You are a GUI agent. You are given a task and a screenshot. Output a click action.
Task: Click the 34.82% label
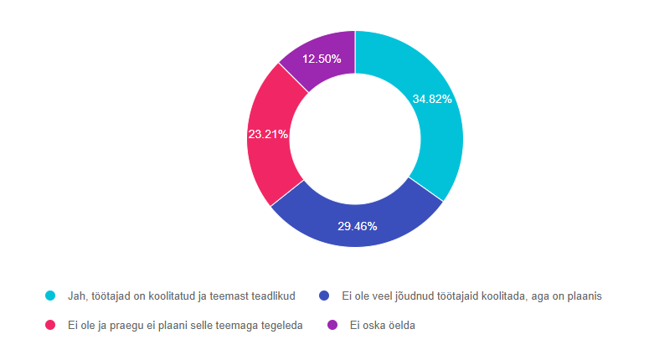[x=432, y=99]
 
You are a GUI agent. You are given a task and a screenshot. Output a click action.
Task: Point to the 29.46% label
[x=357, y=226]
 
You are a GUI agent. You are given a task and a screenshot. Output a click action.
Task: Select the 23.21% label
[x=268, y=134]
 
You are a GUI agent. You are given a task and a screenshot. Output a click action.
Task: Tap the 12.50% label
[x=322, y=59]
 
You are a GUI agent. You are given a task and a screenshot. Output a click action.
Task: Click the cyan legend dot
[x=50, y=296]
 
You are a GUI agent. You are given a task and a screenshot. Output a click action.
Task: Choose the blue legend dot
[x=325, y=296]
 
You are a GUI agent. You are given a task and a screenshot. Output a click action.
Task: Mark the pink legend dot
[x=50, y=325]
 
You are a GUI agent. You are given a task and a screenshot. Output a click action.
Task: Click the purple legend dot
[x=332, y=325]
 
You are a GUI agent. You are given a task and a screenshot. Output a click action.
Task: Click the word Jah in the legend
[x=77, y=296]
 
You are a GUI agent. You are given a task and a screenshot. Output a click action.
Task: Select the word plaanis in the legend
[x=584, y=296]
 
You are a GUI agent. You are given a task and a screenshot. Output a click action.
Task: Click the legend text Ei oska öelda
[x=381, y=325]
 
